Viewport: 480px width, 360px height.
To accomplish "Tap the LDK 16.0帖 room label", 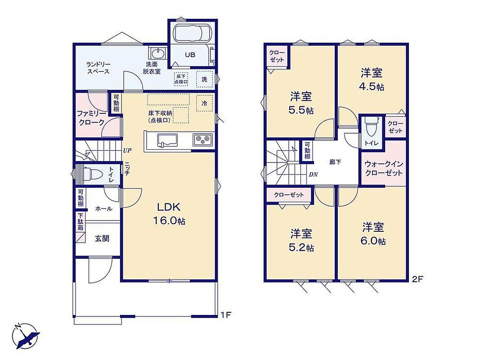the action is [x=169, y=213].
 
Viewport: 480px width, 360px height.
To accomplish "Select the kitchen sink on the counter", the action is [x=167, y=141].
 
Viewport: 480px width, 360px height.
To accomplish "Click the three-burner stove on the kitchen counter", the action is [x=202, y=140].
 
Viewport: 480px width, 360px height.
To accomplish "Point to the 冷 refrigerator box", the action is [x=204, y=103].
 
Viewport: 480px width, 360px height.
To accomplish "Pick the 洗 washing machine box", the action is [x=204, y=79].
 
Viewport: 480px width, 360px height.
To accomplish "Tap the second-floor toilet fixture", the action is [x=371, y=127].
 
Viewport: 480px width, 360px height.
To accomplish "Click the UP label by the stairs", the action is [x=127, y=151].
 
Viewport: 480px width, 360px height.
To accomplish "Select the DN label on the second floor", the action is [x=313, y=175].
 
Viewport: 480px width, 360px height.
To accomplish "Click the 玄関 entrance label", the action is [x=102, y=238].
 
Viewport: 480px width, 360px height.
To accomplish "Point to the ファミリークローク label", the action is [x=91, y=118].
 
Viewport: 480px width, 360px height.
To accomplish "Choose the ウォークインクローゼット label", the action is [x=384, y=169].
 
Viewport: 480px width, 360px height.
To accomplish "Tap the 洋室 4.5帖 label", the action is [x=372, y=80].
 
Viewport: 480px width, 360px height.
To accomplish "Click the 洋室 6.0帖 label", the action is [x=373, y=234].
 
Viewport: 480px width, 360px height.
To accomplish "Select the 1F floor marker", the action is [x=225, y=315].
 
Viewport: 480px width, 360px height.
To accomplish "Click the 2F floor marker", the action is [x=417, y=279].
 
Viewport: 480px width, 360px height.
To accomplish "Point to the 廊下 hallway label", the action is [x=335, y=162].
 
